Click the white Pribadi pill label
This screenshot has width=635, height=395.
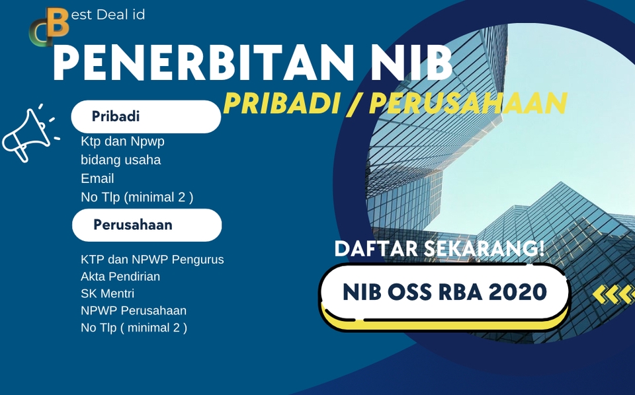[146, 117]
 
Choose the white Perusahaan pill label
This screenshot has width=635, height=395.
[146, 225]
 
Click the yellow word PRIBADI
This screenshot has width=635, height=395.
[282, 103]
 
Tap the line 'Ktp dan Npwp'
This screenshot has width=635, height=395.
[122, 141]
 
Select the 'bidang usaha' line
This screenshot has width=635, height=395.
[120, 160]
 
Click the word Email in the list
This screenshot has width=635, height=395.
[97, 178]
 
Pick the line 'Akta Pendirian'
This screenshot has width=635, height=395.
[120, 276]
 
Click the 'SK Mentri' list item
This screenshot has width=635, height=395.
[107, 293]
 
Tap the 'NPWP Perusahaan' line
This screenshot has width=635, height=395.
[134, 310]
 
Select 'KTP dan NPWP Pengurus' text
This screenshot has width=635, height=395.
[152, 260]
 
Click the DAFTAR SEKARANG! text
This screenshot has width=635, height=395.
[439, 249]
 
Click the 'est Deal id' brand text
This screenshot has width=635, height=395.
[107, 14]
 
